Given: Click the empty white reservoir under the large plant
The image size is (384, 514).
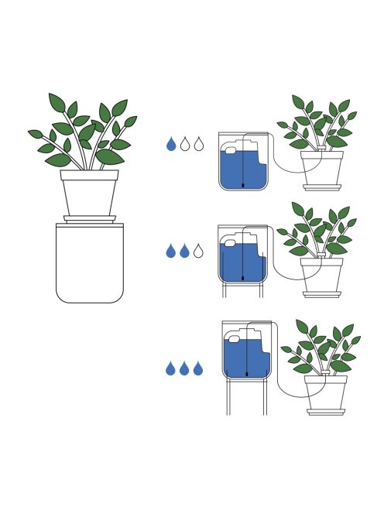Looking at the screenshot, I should (x=90, y=263).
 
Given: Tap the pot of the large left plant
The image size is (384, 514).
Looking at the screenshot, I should (x=90, y=194).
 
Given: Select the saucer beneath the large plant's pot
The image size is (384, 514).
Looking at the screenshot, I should (x=90, y=219).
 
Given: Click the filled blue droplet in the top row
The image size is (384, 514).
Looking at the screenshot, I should (x=171, y=145).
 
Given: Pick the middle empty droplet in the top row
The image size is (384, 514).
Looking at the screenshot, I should (x=185, y=145).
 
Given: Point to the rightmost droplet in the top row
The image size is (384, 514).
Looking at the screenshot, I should (x=199, y=145).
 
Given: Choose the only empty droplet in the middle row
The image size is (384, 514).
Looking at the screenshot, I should (x=199, y=251).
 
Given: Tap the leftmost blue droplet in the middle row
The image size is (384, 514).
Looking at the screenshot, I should (x=171, y=251).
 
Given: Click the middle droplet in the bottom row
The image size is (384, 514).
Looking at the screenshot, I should (x=185, y=369).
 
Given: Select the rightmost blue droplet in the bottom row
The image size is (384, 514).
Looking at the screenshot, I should (x=198, y=369).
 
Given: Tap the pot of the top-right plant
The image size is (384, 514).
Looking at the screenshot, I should (x=322, y=166).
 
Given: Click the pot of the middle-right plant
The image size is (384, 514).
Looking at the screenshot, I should (x=322, y=274).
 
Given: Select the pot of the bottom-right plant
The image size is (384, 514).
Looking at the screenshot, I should (x=326, y=392).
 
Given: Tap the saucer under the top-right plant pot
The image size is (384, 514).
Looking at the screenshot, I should (x=322, y=187).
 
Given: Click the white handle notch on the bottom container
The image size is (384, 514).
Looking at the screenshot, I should (x=235, y=338).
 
